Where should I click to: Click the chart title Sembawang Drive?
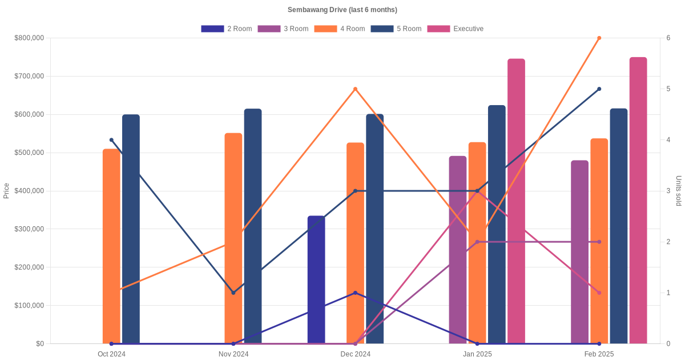[342, 10]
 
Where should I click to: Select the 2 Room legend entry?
[227, 29]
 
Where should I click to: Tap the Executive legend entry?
[456, 29]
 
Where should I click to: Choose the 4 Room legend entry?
[340, 29]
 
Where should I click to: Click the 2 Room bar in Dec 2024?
[316, 280]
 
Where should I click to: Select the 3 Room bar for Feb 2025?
[579, 252]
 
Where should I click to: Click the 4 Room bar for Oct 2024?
[111, 246]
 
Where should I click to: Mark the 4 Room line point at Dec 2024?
[355, 89]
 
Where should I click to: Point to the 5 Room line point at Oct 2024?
[111, 140]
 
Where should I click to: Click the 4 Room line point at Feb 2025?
[599, 38]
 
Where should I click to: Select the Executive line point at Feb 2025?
[599, 293]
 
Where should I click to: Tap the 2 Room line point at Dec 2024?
[355, 293]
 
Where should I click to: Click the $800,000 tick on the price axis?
[29, 38]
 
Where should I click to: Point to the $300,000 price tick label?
[29, 229]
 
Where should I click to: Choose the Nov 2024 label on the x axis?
[233, 354]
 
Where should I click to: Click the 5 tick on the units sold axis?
[668, 89]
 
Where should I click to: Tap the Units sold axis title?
[678, 191]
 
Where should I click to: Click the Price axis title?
[6, 191]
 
